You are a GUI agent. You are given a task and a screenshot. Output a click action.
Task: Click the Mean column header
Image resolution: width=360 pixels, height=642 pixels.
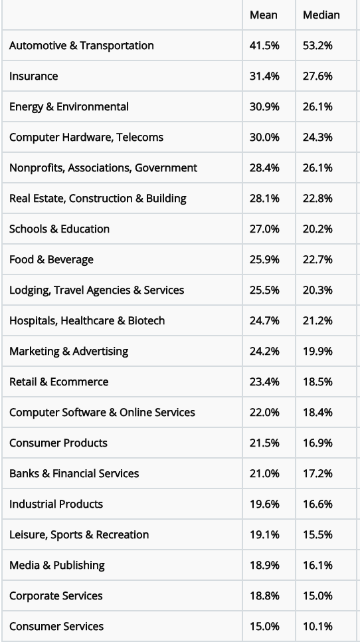tap(264, 15)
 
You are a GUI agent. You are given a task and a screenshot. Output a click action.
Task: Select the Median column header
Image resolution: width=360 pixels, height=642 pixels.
tap(321, 15)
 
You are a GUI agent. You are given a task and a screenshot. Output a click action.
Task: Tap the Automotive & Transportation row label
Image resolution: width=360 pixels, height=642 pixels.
tap(82, 45)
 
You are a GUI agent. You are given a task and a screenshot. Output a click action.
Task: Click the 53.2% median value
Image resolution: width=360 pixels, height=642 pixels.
tap(317, 45)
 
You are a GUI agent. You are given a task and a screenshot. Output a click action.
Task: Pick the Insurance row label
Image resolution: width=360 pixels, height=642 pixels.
tap(34, 76)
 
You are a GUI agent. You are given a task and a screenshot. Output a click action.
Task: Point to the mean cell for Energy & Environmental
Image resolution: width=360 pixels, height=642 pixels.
tap(264, 107)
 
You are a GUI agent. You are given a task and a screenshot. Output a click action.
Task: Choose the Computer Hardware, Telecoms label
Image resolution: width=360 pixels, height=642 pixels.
tap(86, 137)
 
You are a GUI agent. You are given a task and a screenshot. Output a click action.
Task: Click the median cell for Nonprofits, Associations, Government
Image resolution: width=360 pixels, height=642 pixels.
tap(317, 168)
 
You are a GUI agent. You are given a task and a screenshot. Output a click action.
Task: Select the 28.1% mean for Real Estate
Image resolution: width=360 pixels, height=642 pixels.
tap(264, 199)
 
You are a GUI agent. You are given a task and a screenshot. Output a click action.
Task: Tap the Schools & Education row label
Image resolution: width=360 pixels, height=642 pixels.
tap(59, 229)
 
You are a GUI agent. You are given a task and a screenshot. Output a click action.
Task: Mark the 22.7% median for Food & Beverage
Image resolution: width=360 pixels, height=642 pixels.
tap(317, 260)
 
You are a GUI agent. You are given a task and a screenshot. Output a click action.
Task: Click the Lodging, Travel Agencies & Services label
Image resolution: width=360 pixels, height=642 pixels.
tap(96, 290)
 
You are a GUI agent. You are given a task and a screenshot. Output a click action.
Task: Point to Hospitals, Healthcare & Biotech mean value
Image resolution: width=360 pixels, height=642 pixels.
tap(264, 320)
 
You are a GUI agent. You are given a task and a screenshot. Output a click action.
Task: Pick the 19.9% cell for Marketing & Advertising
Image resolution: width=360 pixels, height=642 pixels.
tap(317, 352)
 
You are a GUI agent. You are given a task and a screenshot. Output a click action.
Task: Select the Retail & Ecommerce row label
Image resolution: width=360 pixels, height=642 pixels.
tap(59, 382)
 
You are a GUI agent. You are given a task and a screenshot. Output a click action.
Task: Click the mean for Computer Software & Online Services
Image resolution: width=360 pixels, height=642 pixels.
tap(264, 412)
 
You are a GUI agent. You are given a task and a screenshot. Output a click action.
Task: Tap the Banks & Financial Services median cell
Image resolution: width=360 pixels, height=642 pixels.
tap(317, 474)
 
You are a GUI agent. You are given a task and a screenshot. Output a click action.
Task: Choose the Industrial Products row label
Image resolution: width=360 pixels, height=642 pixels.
tap(56, 504)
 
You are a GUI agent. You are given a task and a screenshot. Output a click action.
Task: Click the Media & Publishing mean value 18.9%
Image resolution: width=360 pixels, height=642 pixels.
tap(264, 566)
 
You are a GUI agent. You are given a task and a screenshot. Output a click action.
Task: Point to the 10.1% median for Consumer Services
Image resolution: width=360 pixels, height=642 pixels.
tap(317, 627)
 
